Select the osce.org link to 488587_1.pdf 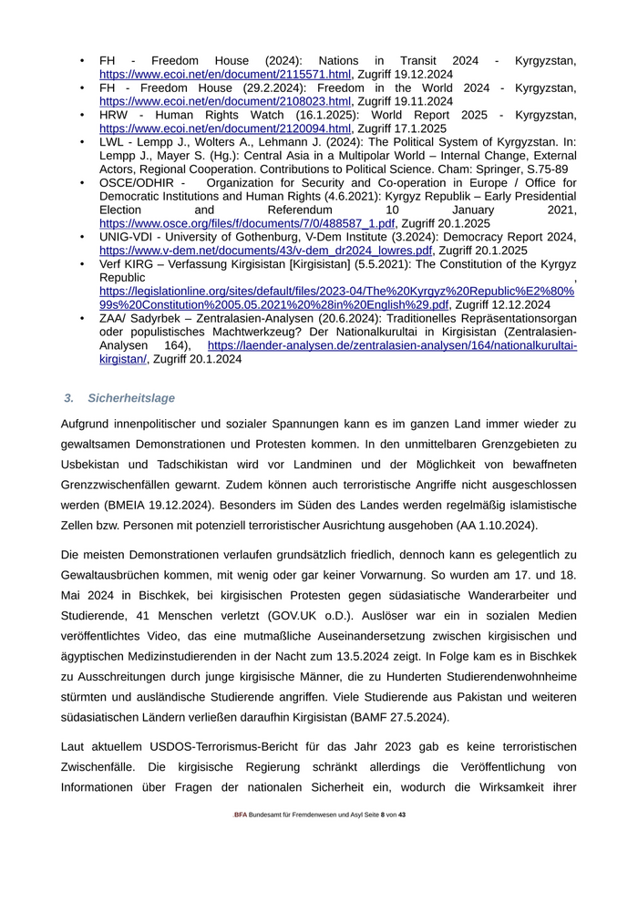(x=247, y=223)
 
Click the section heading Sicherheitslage (x=131, y=398)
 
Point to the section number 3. (x=69, y=398)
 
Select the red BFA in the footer (x=240, y=840)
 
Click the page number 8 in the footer (x=384, y=840)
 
